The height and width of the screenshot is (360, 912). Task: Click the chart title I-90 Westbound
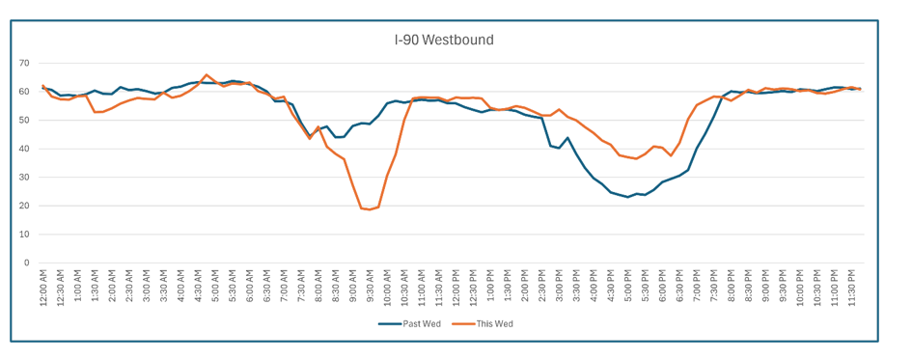pos(444,41)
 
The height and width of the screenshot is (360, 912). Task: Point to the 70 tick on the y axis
pos(24,63)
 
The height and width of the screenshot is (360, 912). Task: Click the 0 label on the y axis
pos(27,263)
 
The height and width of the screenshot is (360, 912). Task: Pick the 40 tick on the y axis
pos(24,149)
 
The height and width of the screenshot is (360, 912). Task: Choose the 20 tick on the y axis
pos(24,206)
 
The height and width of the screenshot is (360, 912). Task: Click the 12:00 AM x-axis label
pos(43,288)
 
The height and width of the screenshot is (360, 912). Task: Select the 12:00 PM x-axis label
pos(456,288)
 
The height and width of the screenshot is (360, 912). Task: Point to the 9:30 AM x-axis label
pos(371,289)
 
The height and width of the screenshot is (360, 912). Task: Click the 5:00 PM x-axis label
pos(628,289)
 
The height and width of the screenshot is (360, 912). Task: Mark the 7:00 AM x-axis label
pos(284,289)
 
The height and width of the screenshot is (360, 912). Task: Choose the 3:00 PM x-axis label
pos(560,289)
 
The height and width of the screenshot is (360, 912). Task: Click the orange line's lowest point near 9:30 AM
pos(370,209)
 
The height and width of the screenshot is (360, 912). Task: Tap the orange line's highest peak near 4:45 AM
pos(207,74)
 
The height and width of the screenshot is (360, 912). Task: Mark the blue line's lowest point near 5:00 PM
pos(628,197)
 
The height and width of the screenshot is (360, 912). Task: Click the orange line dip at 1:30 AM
pos(95,112)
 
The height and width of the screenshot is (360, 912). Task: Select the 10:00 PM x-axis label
pos(800,288)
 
